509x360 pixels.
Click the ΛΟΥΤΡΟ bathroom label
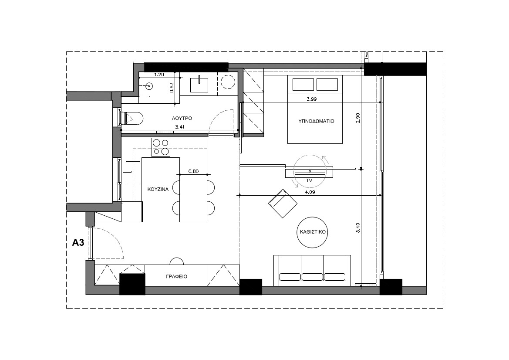point(182,118)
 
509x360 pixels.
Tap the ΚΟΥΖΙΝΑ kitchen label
point(158,189)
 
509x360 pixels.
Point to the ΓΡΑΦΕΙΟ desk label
point(177,276)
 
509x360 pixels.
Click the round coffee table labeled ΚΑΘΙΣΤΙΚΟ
point(312,232)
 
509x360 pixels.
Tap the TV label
point(309,180)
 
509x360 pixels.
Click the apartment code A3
point(78,242)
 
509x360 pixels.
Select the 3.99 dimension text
point(312,99)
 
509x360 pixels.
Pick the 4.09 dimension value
point(310,192)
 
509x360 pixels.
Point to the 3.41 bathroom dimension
point(179,127)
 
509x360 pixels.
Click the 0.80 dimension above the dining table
point(193,171)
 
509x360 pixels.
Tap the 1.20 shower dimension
point(159,75)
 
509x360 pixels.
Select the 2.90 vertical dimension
point(358,118)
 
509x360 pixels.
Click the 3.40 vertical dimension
point(358,228)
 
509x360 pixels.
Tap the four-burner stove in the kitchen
point(161,147)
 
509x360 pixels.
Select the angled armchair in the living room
point(283,204)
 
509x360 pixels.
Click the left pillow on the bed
point(303,85)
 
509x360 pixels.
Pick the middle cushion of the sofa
point(312,277)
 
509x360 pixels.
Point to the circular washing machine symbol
point(228,82)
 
